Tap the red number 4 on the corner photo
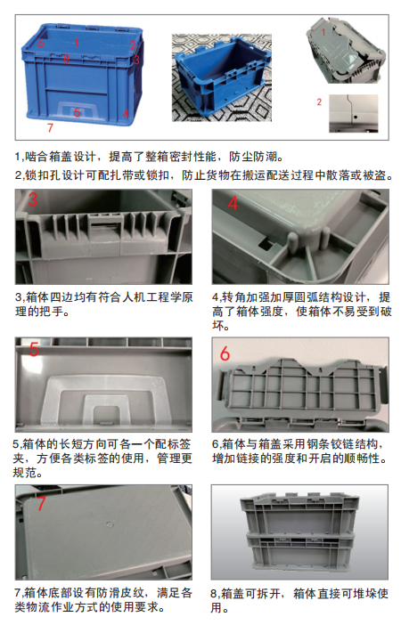coord(233,204)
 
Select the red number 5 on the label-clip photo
coord(35,350)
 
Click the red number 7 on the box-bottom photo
coord(41,503)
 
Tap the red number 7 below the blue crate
coord(50,130)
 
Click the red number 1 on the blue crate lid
coord(78,41)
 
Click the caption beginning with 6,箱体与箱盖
coord(299,450)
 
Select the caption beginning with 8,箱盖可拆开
coord(299,600)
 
